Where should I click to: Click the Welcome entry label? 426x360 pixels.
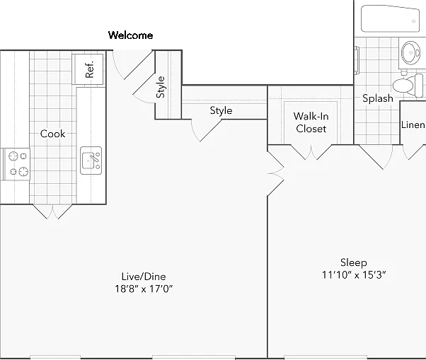click(x=130, y=35)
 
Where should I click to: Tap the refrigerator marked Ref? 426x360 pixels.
click(x=88, y=69)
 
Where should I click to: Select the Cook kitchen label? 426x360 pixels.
click(x=52, y=134)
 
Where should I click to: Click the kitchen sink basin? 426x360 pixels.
click(x=91, y=161)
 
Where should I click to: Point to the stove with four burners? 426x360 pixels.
click(x=16, y=164)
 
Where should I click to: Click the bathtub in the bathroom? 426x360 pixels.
click(x=390, y=18)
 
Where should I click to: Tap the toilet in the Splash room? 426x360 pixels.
click(x=408, y=86)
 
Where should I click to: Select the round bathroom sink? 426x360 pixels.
click(x=410, y=52)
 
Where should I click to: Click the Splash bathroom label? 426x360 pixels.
click(x=378, y=98)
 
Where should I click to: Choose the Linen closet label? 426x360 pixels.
click(x=413, y=124)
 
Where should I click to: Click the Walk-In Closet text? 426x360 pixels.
click(x=311, y=122)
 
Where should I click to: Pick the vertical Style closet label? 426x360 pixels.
click(x=161, y=87)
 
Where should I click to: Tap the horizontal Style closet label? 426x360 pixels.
click(x=221, y=110)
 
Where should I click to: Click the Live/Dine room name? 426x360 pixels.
click(x=144, y=277)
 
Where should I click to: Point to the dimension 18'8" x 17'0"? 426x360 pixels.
click(x=144, y=289)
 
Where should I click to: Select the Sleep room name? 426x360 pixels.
click(x=354, y=262)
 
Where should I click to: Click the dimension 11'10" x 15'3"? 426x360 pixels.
click(x=354, y=274)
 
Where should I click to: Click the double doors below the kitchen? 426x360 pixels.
click(x=52, y=211)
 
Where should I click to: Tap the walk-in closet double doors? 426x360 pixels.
click(x=311, y=152)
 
